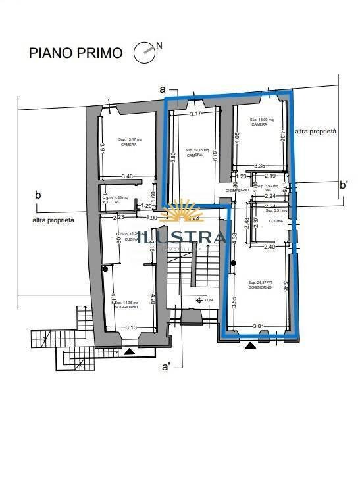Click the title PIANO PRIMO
[76, 53]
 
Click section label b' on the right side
[344, 185]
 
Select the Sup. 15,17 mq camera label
[128, 142]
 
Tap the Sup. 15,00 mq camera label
[259, 122]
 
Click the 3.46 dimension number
[128, 177]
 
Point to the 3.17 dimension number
[195, 114]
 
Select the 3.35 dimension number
[259, 166]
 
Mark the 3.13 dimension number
[130, 327]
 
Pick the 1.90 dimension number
[151, 218]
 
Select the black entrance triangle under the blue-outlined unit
[249, 345]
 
